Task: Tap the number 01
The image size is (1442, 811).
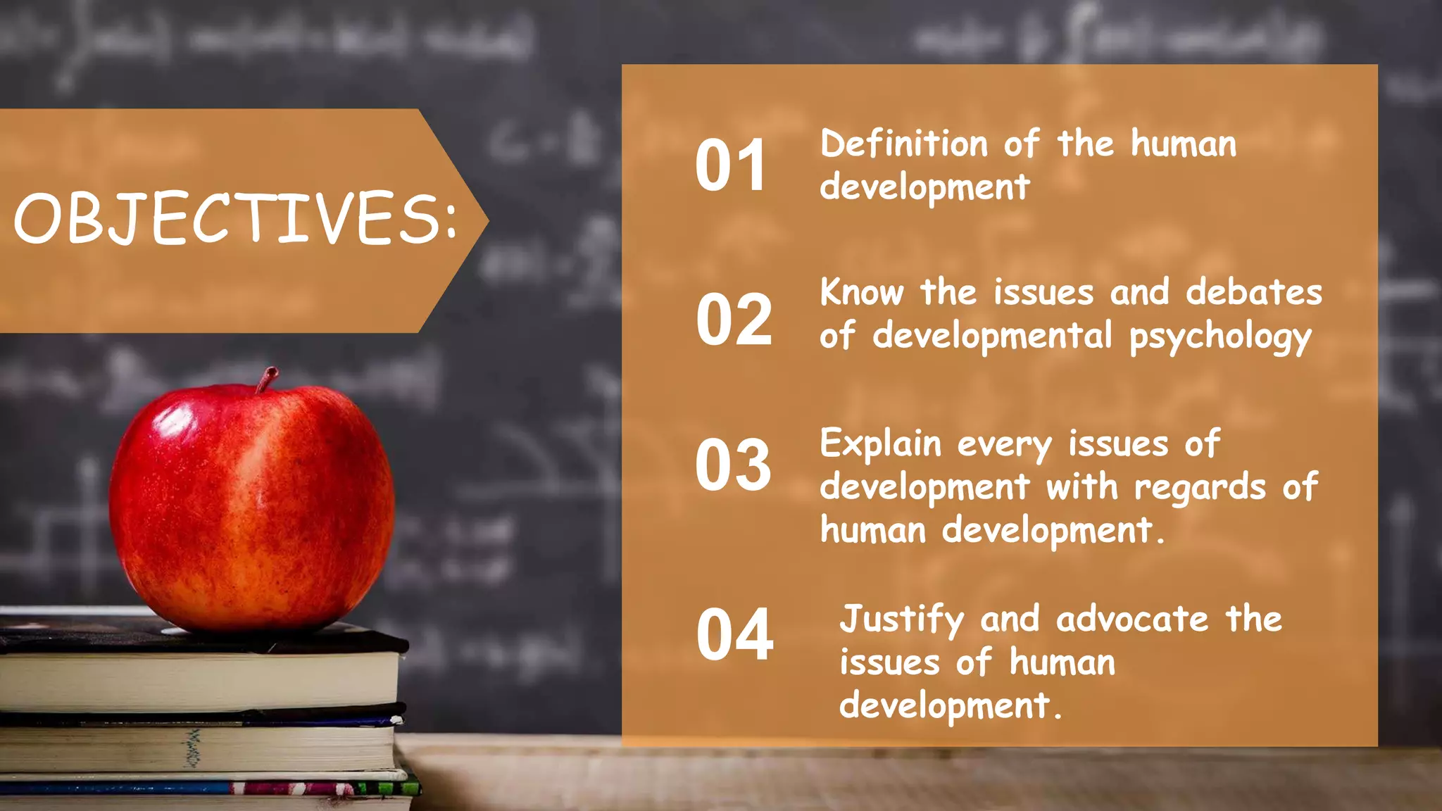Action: (730, 166)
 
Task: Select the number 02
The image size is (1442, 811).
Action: (734, 320)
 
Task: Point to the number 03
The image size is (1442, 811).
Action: (733, 465)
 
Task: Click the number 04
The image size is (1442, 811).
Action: (734, 635)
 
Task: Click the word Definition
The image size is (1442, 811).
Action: (904, 144)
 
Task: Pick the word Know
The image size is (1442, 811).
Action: (862, 292)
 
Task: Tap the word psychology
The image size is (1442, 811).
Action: (1220, 337)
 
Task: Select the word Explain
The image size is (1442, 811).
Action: (880, 444)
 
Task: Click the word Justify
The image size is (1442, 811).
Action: (901, 620)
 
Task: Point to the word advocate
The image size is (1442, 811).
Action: (1132, 620)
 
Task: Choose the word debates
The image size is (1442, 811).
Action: (1253, 292)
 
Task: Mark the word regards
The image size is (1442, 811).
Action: (1200, 488)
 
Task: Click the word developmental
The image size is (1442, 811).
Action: (992, 336)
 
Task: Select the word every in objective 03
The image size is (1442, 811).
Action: (1004, 446)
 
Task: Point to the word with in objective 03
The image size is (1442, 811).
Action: (1081, 487)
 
